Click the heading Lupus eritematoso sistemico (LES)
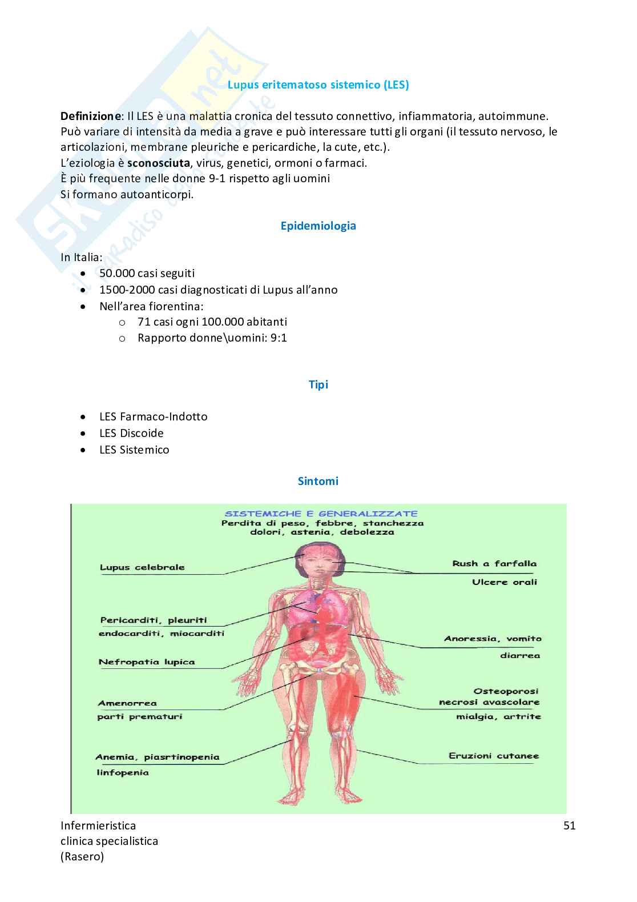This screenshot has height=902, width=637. click(x=318, y=85)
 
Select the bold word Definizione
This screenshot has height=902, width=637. click(x=90, y=116)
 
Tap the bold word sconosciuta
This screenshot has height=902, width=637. click(x=158, y=163)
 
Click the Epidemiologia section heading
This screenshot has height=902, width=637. click(x=318, y=226)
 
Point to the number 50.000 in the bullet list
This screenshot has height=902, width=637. click(x=116, y=273)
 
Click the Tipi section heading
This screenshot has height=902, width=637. click(x=318, y=384)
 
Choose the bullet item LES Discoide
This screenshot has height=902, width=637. click(x=131, y=433)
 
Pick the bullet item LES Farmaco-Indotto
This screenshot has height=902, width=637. click(x=153, y=416)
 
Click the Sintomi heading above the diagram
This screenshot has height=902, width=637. click(x=318, y=481)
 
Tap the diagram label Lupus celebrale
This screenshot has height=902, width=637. click(x=142, y=567)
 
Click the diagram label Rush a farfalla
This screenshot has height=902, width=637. click(x=494, y=563)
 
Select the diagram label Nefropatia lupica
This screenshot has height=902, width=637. click(x=147, y=662)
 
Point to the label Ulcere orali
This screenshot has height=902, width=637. click(x=505, y=582)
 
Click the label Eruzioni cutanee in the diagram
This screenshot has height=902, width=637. click(x=493, y=756)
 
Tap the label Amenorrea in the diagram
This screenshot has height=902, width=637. click(x=127, y=703)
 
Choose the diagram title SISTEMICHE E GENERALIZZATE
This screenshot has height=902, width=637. click(x=321, y=514)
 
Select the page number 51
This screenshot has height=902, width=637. click(x=569, y=825)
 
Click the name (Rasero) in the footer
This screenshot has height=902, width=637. click(x=82, y=857)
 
